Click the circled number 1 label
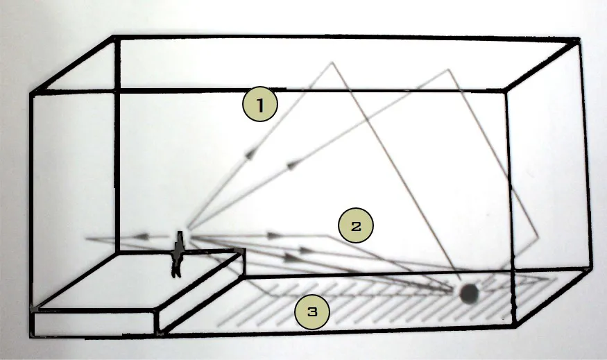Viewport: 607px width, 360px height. coord(259,106)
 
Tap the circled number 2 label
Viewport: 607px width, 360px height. coord(356,226)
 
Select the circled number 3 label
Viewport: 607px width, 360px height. coord(312,312)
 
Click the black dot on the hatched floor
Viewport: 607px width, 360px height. coord(470,293)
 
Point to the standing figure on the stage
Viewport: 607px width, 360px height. coord(178,253)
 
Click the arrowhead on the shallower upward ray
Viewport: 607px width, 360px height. coord(291,164)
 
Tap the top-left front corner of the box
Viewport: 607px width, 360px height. coord(31,92)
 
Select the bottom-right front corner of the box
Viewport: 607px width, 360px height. coord(513,326)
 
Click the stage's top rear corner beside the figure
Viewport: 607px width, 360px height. coord(243,251)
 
